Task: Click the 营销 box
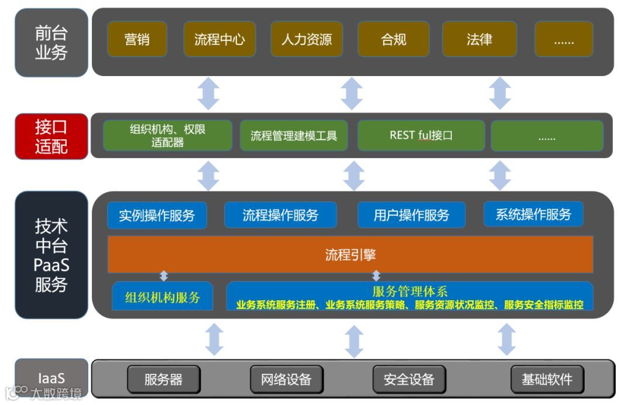coord(137,39)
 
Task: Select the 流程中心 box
coord(219,39)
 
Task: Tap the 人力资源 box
coord(306,39)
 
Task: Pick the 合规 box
coord(393,39)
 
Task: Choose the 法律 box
coord(479,39)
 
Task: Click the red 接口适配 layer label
coord(51,136)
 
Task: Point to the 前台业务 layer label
coord(51,43)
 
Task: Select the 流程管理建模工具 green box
coord(294,136)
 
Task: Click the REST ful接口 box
coord(421,136)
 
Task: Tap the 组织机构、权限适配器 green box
coord(167,136)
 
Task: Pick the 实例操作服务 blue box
coord(157,215)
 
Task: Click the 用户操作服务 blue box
coord(411,215)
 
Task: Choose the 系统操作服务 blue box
coord(533,214)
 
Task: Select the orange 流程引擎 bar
coord(350,255)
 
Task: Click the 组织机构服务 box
coord(162,297)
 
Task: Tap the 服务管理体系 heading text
coord(410,291)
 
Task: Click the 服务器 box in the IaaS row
coord(163,379)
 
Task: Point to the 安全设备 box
coord(409,379)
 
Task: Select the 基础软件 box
coord(547,379)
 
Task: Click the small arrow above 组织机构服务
coord(164,276)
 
